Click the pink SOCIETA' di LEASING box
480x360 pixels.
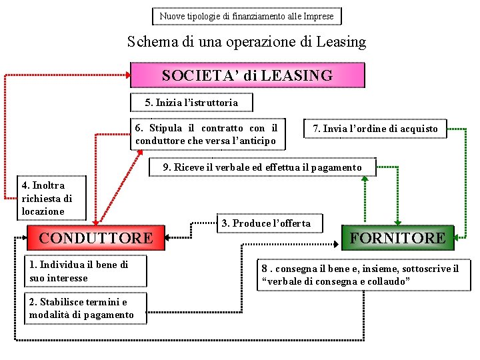pos(247,75)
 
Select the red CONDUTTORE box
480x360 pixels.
pos(96,238)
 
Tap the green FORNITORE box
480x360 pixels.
pos(397,238)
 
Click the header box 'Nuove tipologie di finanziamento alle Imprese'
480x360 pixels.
pos(247,16)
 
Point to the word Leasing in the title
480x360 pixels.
pos(341,42)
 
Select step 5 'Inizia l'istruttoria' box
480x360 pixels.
pos(191,103)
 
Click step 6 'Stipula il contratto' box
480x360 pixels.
pos(208,135)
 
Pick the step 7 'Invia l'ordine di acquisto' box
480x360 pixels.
pos(375,129)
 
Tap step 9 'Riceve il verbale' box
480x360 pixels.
pos(263,167)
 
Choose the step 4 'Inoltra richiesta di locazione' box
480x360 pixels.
pos(52,198)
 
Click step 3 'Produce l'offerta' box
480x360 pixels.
pos(270,223)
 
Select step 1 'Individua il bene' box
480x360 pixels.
pos(86,271)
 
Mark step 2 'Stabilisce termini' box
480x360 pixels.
pos(86,308)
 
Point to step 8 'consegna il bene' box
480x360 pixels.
pos(364,275)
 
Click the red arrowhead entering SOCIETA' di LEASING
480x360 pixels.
pos(128,75)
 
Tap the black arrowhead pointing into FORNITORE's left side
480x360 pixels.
pos(336,244)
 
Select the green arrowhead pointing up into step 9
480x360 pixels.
pos(365,179)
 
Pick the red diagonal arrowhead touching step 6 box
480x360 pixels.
pos(140,153)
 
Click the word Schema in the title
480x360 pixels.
pos(153,41)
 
